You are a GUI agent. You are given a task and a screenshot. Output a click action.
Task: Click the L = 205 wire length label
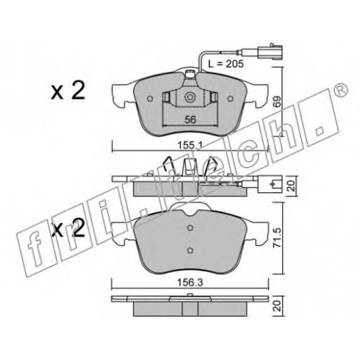[x=225, y=64]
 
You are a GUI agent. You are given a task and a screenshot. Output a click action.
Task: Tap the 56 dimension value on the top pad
[x=190, y=120]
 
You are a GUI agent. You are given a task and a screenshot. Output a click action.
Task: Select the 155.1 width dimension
[x=189, y=145]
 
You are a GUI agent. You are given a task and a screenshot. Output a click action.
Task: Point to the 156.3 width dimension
[x=190, y=282]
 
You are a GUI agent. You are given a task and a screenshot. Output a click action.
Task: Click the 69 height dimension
[x=276, y=102]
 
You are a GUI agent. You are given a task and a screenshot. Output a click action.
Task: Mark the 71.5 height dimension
[x=276, y=238]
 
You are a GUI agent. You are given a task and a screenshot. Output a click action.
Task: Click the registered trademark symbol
[x=341, y=89]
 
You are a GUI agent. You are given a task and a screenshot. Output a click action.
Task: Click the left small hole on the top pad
[x=150, y=99]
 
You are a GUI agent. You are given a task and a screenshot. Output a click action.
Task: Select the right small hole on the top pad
[x=230, y=99]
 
